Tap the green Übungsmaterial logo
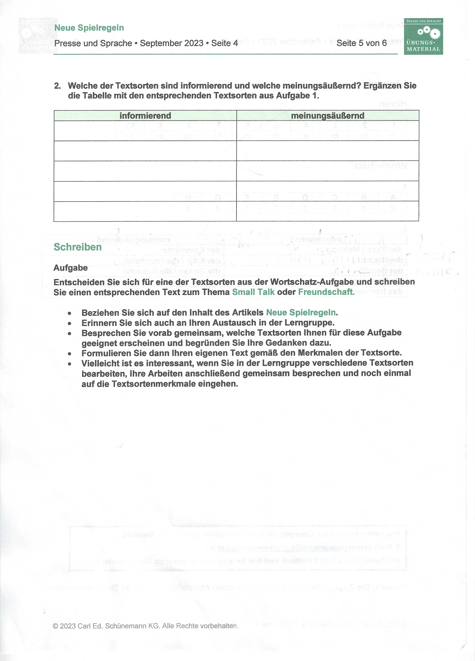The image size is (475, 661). [423, 37]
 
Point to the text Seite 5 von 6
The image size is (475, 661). [361, 43]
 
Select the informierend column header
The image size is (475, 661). [145, 116]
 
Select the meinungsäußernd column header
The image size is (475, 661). [327, 116]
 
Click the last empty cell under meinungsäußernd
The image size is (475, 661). [327, 211]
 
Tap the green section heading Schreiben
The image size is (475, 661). [77, 247]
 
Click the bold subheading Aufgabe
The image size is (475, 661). [71, 268]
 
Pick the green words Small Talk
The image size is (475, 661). [253, 292]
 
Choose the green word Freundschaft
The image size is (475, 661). [325, 292]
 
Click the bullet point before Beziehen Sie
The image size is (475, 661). [69, 313]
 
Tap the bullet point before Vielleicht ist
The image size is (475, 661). [69, 364]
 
